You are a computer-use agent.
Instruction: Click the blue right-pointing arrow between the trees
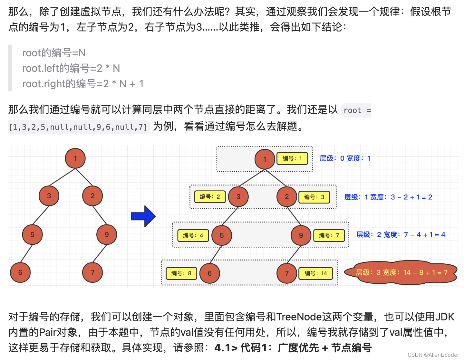[x=143, y=216]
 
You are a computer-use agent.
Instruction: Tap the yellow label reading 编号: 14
[x=316, y=273]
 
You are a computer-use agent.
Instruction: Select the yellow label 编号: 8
[x=181, y=273]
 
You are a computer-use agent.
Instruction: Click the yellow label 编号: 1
[x=292, y=158]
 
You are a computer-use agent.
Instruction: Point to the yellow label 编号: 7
[x=329, y=235]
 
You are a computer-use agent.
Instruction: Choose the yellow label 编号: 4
[x=193, y=235]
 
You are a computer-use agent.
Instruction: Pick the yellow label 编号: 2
[x=210, y=197]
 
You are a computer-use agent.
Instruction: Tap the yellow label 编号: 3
[x=314, y=197]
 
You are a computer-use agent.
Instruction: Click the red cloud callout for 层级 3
[x=401, y=273]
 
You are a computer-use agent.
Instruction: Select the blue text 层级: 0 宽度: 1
[x=345, y=158]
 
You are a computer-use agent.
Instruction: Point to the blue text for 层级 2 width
[x=401, y=235]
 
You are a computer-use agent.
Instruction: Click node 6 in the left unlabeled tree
[x=20, y=272]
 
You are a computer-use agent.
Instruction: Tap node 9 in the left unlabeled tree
[x=107, y=234]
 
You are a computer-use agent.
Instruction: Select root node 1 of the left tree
[x=75, y=158]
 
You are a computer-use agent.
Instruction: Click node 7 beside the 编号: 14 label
[x=286, y=273]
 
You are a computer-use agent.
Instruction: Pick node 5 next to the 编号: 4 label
[x=222, y=235]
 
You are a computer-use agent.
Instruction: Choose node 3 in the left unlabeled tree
[x=49, y=196]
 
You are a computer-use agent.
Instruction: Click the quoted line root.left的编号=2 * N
[x=71, y=68]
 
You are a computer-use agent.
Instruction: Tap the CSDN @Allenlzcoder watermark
[x=433, y=355]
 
